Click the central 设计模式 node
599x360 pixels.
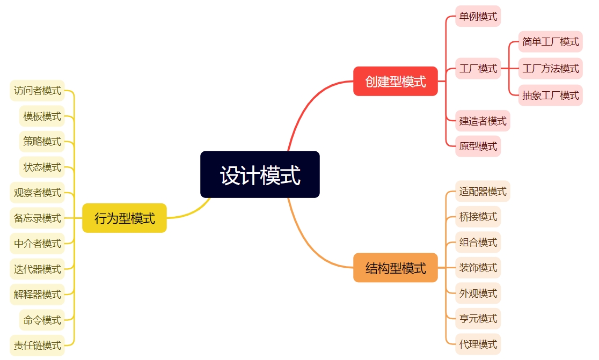click(x=260, y=174)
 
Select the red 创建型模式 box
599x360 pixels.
click(x=395, y=81)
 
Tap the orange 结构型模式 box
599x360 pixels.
click(x=395, y=267)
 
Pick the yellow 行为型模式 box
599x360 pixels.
click(x=125, y=218)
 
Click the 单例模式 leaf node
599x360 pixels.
click(x=478, y=16)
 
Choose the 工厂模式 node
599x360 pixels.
click(x=478, y=68)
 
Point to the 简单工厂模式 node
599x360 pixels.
click(x=550, y=41)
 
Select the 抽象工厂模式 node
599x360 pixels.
click(x=550, y=95)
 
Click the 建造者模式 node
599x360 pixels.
click(x=483, y=121)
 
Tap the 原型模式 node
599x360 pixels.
click(x=478, y=146)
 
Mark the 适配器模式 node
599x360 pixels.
click(x=483, y=191)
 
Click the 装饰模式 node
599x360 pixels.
click(x=478, y=267)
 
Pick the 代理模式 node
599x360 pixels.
click(x=478, y=344)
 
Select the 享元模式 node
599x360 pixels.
click(x=478, y=319)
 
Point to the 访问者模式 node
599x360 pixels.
click(x=37, y=90)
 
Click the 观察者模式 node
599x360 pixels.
click(x=37, y=192)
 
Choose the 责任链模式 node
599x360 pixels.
click(x=37, y=345)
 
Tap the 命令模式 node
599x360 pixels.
click(x=42, y=320)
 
